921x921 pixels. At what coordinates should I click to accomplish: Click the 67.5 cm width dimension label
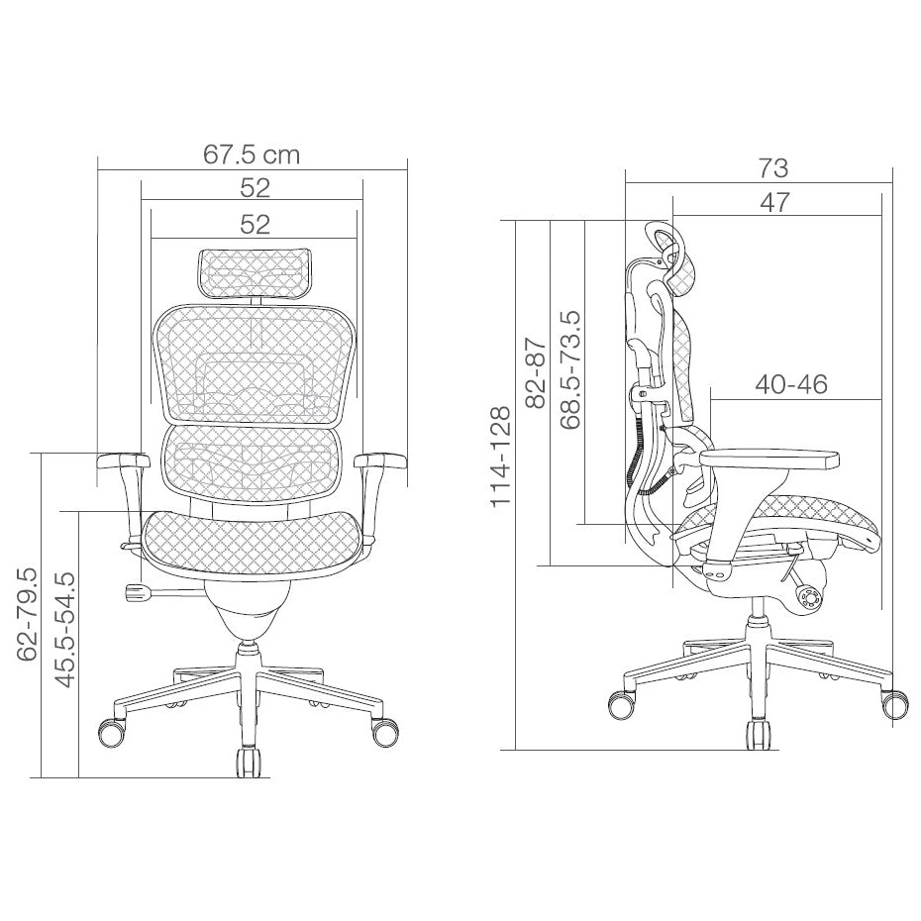point(252,154)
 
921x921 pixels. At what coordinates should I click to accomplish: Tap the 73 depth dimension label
point(772,168)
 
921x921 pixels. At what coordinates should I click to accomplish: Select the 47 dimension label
point(774,203)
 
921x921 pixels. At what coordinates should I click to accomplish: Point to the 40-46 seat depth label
point(790,384)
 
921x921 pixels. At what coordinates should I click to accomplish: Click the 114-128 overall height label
point(501,456)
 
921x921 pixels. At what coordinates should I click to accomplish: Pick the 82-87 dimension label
point(537,373)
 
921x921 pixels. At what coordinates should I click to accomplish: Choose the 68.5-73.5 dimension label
point(570,369)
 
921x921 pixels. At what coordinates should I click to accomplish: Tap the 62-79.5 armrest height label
point(27,614)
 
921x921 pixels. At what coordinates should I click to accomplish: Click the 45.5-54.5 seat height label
point(65,630)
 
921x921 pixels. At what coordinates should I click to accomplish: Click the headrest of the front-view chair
point(255,272)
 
